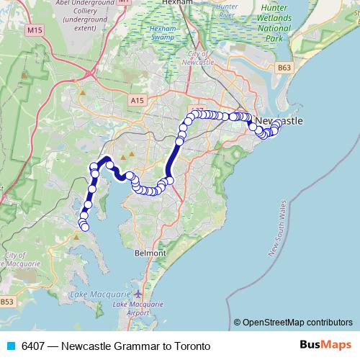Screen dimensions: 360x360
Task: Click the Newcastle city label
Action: click(279, 120)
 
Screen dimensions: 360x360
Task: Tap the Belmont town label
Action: click(150, 253)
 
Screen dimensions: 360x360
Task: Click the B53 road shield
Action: click(6, 301)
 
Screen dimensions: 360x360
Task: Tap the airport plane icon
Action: click(138, 294)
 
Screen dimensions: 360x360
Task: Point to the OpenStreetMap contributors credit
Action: click(292, 323)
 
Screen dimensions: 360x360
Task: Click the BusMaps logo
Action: click(325, 346)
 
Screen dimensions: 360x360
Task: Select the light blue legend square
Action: click(11, 346)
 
